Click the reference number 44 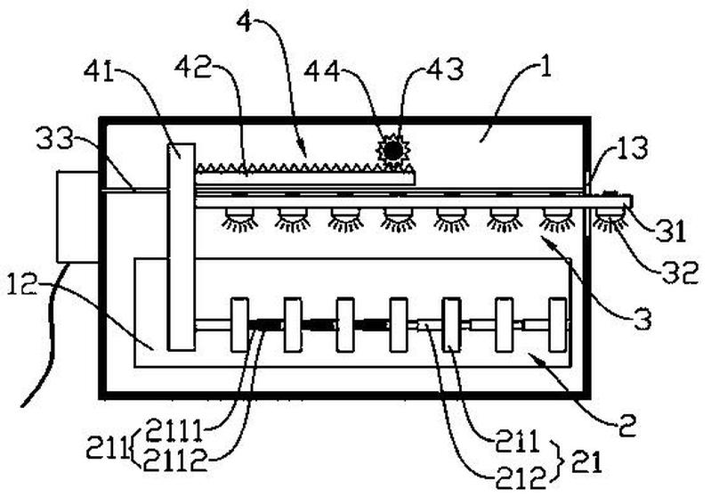(322, 71)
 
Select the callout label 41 (99, 72)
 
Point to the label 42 (194, 67)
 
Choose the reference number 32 (680, 273)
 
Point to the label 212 (521, 478)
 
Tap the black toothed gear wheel (393, 150)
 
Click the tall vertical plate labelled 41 (182, 247)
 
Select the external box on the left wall (77, 216)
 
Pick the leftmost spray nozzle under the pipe (239, 218)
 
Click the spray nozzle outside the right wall (610, 219)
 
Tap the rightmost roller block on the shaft (557, 324)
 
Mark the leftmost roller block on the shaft (239, 324)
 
